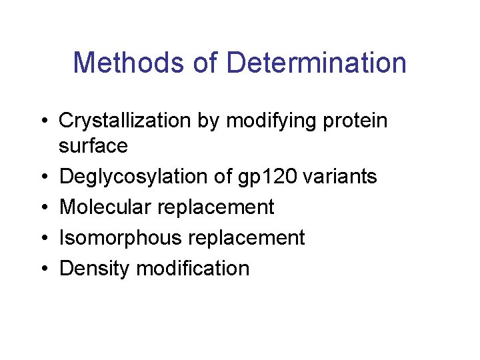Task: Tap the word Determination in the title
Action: [x=317, y=63]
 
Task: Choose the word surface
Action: [x=93, y=145]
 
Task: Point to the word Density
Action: [x=95, y=269]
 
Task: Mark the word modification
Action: [x=193, y=269]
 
